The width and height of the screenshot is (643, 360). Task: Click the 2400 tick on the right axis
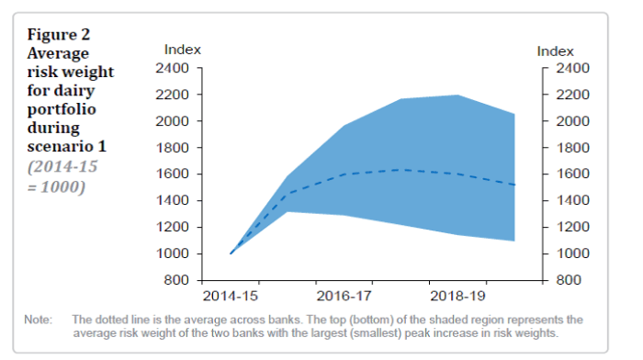point(570,68)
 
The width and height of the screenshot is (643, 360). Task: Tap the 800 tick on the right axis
point(567,280)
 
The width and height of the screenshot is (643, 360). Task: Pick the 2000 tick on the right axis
point(570,121)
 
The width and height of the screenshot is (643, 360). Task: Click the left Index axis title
point(182,50)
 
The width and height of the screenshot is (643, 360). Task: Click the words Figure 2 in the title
point(59,35)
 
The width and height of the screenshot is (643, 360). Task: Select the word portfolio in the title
point(59,108)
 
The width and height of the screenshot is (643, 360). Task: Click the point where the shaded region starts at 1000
point(231,253)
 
